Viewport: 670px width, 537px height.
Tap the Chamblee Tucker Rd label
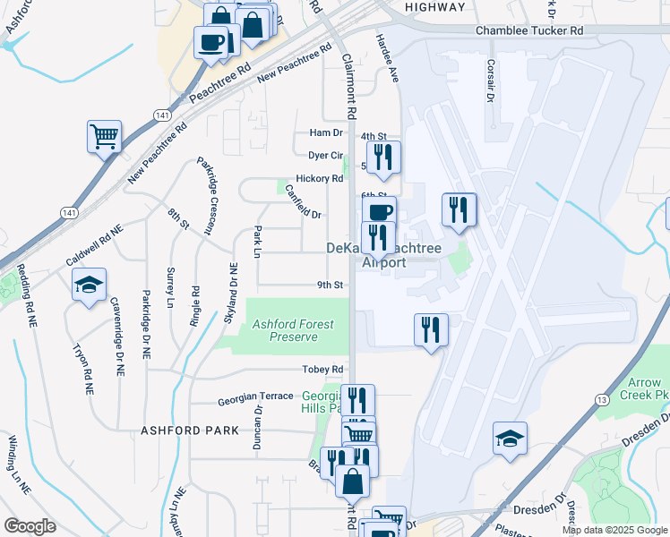(529, 30)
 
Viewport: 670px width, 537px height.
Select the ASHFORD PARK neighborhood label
(190, 430)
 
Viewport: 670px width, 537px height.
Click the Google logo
(30, 526)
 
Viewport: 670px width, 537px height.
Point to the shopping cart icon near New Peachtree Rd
(105, 138)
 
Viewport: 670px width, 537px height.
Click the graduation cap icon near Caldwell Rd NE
(89, 285)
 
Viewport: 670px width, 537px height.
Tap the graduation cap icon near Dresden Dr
(510, 439)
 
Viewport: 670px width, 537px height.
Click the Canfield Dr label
(303, 201)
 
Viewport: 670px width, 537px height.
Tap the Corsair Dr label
(490, 81)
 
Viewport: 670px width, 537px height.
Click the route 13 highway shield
(601, 398)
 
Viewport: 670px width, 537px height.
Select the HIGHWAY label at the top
(434, 7)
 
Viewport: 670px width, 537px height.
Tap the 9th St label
(331, 286)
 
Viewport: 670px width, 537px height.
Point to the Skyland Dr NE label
(233, 293)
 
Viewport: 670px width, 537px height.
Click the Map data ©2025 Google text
(614, 530)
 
